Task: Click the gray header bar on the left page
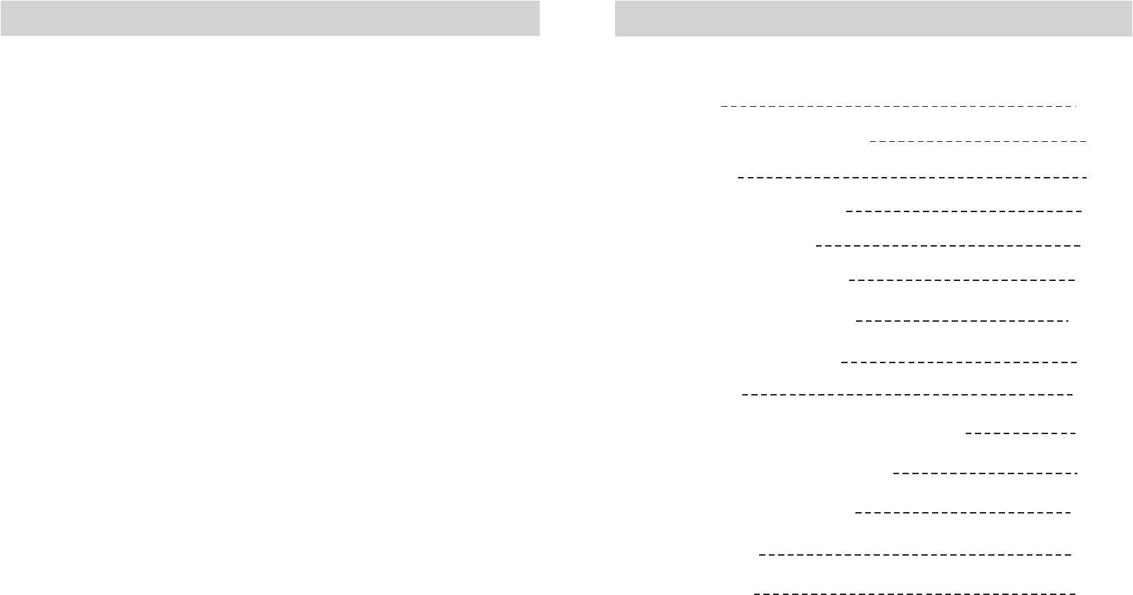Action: [x=270, y=18]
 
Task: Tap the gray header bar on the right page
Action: [x=873, y=18]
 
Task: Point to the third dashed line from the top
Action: [x=912, y=178]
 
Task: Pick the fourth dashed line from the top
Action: [x=964, y=211]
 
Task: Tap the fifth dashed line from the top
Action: [x=948, y=246]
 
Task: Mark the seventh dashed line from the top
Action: [x=962, y=321]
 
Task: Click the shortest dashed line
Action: [x=1021, y=433]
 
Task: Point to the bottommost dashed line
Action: [x=914, y=594]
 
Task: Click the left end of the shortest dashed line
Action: [x=967, y=433]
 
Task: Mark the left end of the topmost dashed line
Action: [x=723, y=107]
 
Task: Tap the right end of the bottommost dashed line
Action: [x=1075, y=594]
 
